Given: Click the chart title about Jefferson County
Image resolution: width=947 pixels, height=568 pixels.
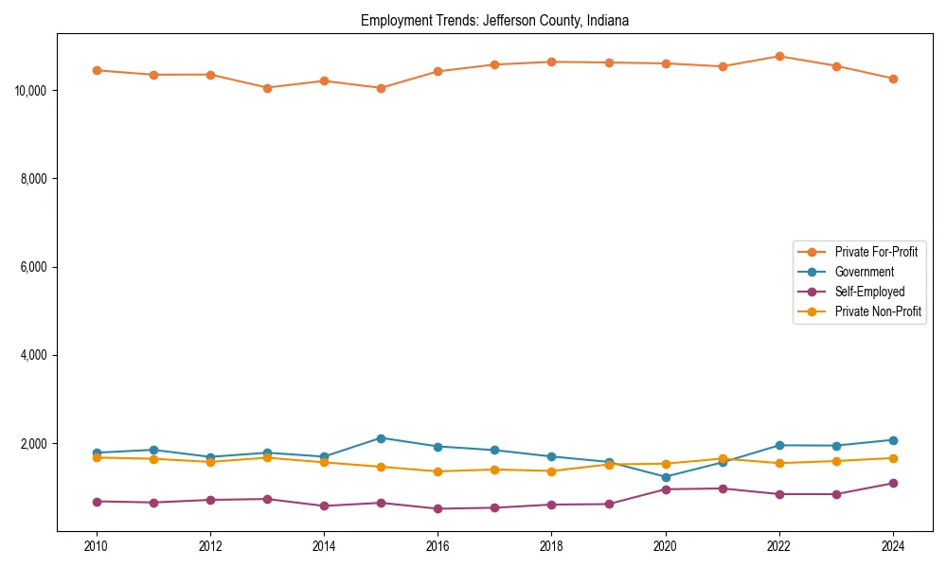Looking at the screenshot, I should [x=494, y=20].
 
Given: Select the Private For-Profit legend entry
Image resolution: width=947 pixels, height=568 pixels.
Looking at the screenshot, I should [x=876, y=252].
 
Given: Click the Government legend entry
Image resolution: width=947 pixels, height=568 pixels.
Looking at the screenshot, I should [x=864, y=272].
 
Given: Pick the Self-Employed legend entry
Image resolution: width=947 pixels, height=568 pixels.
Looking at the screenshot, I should [x=869, y=292].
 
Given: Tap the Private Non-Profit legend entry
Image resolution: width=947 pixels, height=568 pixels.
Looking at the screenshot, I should [x=878, y=311].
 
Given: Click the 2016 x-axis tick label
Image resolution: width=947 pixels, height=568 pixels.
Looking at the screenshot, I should [x=438, y=546].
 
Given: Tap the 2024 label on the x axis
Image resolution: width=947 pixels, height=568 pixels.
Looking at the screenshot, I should [x=893, y=546].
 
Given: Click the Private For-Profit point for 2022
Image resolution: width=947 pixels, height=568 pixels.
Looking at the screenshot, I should [x=779, y=56].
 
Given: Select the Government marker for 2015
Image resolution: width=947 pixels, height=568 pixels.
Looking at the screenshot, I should [x=381, y=438].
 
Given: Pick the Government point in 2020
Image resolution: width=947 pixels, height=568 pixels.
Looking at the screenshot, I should [x=666, y=477].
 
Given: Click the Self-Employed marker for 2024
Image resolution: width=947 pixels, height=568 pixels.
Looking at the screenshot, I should [x=893, y=484].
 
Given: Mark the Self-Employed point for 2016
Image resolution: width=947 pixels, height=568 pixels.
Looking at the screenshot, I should [x=438, y=508].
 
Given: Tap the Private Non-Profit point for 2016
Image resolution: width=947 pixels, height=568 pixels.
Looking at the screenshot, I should [x=438, y=471].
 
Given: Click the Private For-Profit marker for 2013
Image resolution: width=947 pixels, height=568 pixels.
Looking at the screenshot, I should [x=267, y=88].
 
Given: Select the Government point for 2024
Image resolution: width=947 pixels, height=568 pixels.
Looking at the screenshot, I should [x=893, y=440].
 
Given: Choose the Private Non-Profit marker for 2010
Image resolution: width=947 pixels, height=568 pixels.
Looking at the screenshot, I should [x=97, y=457].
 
